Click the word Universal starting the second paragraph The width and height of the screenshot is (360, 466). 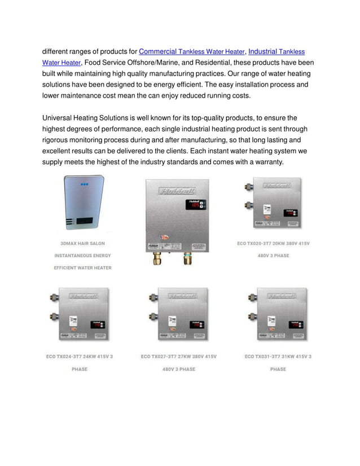(x=58, y=118)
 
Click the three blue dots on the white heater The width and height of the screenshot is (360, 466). (x=84, y=184)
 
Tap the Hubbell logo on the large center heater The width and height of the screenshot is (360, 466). (x=176, y=191)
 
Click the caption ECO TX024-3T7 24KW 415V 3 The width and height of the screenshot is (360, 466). (x=80, y=357)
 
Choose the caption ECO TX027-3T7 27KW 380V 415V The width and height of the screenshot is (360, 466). (x=178, y=357)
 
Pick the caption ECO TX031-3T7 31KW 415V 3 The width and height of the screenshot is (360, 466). (x=278, y=357)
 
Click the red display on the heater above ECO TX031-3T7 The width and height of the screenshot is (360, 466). (x=295, y=326)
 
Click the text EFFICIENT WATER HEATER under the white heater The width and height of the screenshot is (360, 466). (x=82, y=268)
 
